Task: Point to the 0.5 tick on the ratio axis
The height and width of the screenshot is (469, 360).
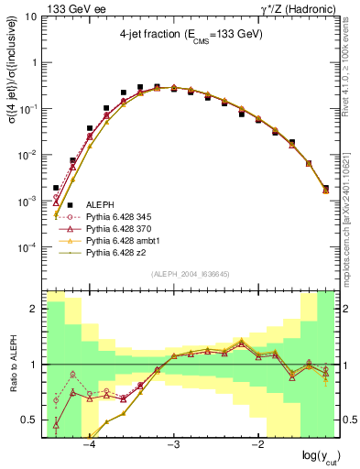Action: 31,420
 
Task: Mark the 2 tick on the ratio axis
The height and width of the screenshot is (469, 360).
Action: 36,309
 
